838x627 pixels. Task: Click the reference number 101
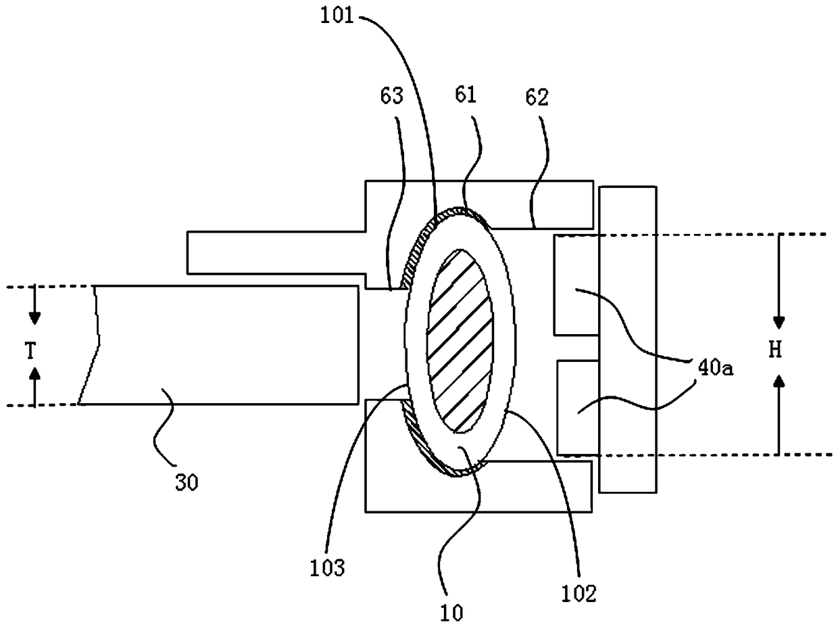pyautogui.click(x=337, y=17)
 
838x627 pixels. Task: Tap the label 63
pyautogui.click(x=392, y=96)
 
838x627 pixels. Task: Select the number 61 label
pyautogui.click(x=466, y=95)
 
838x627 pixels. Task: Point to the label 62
pyautogui.click(x=537, y=97)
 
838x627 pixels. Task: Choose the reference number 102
pyautogui.click(x=578, y=595)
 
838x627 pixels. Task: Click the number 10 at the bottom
pyautogui.click(x=451, y=613)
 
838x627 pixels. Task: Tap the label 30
pyautogui.click(x=187, y=483)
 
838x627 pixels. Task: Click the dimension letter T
pyautogui.click(x=30, y=350)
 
